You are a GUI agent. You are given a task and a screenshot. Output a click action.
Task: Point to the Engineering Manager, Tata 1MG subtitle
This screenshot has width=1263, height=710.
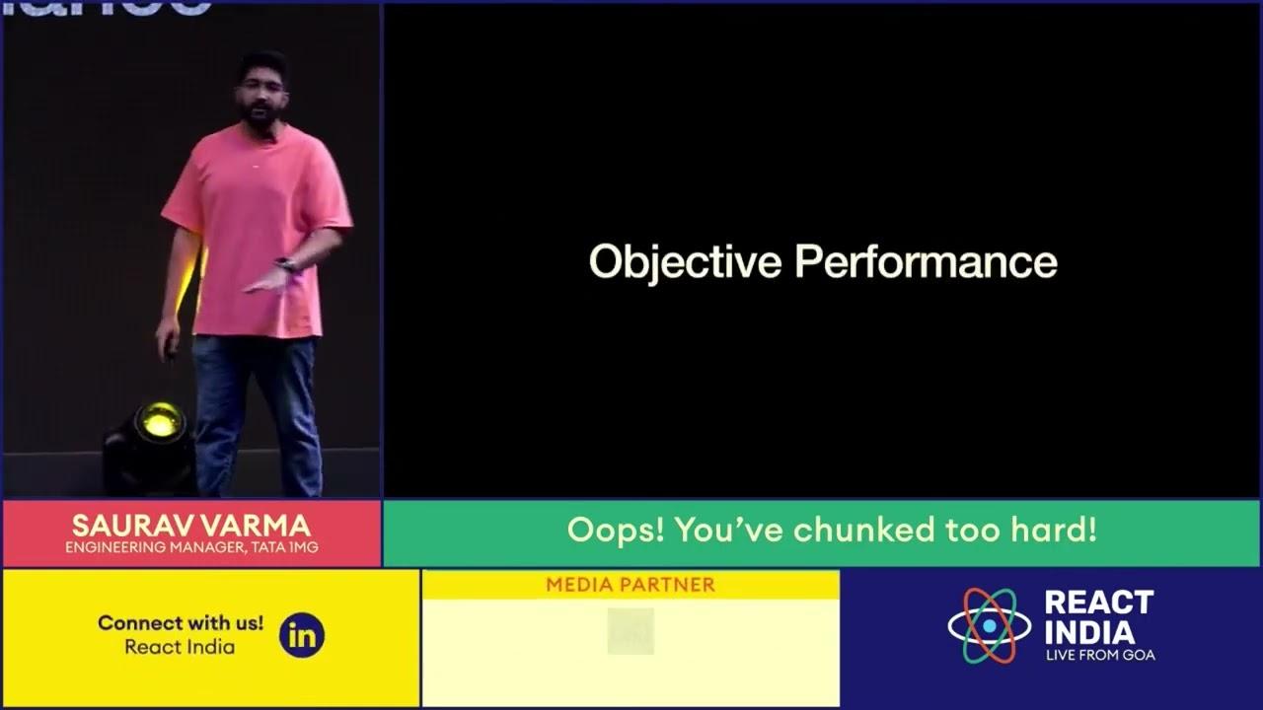click(191, 547)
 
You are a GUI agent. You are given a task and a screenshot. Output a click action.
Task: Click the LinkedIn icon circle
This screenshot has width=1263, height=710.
click(301, 636)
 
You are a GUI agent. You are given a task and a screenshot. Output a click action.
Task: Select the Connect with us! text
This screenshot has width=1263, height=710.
click(181, 623)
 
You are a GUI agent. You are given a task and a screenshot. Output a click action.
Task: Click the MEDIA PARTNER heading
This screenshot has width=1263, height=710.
click(630, 585)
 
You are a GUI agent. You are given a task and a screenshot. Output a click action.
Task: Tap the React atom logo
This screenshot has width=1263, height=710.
click(989, 626)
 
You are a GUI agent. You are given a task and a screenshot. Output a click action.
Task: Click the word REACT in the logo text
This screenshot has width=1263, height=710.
click(1098, 603)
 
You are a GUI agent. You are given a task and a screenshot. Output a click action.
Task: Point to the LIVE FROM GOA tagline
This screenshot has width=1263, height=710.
click(1100, 655)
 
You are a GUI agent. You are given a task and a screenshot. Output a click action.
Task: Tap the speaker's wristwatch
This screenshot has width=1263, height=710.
click(287, 265)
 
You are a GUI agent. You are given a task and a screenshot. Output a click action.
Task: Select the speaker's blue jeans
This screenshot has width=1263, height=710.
click(257, 404)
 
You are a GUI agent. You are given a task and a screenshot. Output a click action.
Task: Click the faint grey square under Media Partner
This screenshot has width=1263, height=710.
click(631, 631)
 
